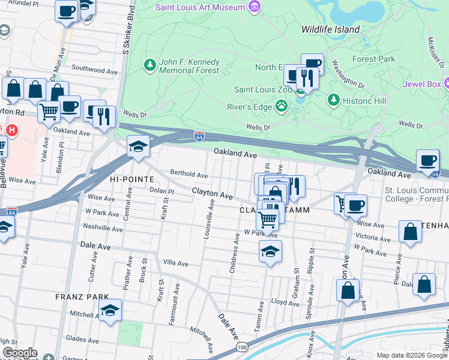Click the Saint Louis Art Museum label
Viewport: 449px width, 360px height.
tap(200, 7)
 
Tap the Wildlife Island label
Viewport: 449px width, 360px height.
tap(330, 29)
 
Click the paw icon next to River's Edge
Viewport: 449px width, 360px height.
tap(282, 106)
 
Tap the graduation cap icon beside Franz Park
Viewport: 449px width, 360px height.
tap(110, 311)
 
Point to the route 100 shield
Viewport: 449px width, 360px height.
tap(242, 347)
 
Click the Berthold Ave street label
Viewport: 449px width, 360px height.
tap(188, 175)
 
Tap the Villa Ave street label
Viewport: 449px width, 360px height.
tap(176, 263)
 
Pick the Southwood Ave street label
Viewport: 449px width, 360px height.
tap(94, 70)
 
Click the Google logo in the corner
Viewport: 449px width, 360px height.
tap(19, 352)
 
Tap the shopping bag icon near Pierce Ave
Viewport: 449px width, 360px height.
tap(411, 233)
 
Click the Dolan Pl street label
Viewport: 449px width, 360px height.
tap(162, 191)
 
